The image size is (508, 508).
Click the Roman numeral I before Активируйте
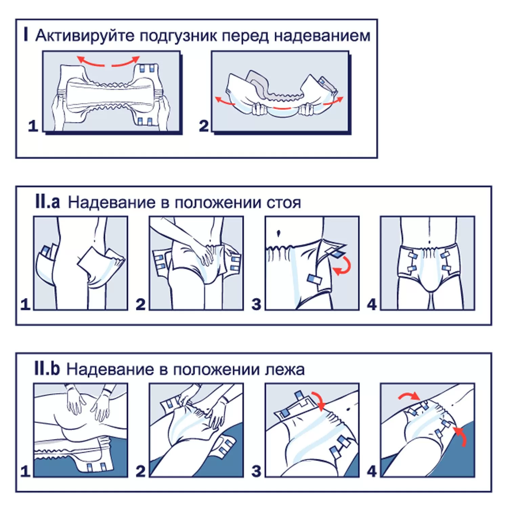point(26,35)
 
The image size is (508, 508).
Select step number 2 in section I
point(204,126)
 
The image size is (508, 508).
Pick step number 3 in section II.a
point(256,304)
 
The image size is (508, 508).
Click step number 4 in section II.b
point(372,471)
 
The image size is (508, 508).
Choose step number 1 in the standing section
point(25,304)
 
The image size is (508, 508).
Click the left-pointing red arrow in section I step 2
point(225,101)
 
